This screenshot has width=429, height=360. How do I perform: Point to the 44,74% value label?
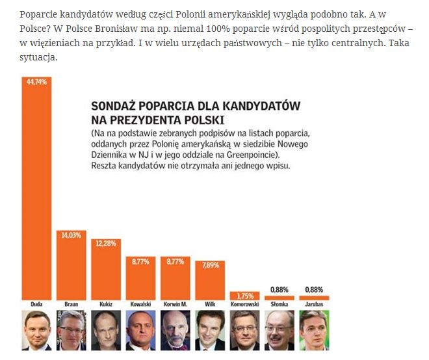coord(37,82)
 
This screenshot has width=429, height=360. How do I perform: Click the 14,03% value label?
coord(71,235)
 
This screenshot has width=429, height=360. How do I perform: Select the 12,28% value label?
coord(107,242)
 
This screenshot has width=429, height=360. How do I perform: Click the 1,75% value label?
coord(244,295)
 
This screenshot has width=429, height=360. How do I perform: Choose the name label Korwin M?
coord(175,304)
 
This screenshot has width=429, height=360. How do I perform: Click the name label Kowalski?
coord(140,304)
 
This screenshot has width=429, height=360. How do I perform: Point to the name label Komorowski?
coord(244,304)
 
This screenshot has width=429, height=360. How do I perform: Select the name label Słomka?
coord(279,304)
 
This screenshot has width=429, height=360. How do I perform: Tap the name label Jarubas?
coord(314,304)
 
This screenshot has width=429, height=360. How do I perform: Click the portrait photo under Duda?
coord(37,329)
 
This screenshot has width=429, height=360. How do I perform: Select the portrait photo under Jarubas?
coord(314,329)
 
